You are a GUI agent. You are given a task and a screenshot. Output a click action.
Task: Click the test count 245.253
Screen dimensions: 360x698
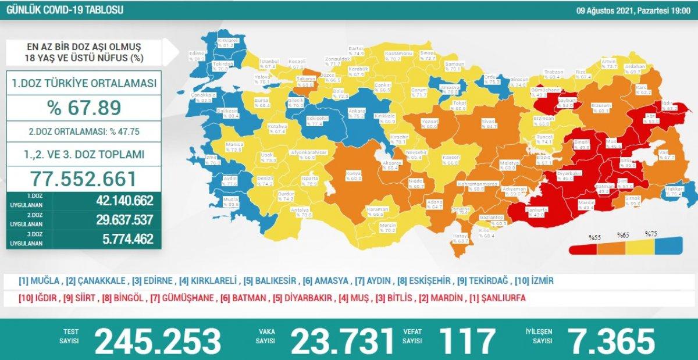click(158, 341)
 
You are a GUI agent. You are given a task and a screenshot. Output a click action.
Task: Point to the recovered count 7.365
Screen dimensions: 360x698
click(604, 341)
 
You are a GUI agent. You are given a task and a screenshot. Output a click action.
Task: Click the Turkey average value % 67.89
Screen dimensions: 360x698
click(84, 108)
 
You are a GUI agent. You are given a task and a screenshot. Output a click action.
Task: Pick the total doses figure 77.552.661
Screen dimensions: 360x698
click(84, 179)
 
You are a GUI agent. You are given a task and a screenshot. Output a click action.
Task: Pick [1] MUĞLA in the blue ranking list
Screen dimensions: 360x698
click(40, 281)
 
